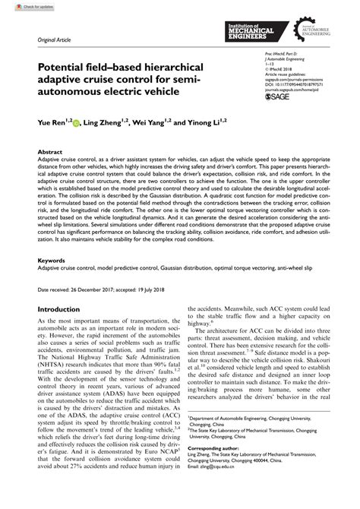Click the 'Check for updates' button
21,5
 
